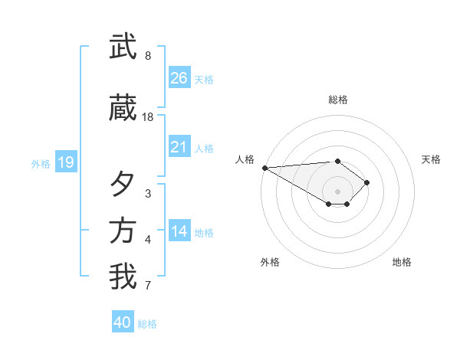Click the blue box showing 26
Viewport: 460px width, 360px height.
click(x=179, y=78)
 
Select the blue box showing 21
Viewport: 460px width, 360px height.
click(x=179, y=147)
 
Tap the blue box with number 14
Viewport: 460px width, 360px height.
click(x=179, y=231)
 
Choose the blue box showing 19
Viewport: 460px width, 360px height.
click(x=65, y=162)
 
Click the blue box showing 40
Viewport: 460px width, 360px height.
click(x=123, y=322)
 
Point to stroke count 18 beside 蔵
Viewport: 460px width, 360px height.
click(x=148, y=117)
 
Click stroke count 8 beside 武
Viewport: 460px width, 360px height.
click(x=147, y=56)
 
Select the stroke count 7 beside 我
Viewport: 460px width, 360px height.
click(x=147, y=287)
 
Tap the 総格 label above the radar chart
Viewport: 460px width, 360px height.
click(x=337, y=100)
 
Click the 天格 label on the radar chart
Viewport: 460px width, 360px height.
click(x=432, y=159)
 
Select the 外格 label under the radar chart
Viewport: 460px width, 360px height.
click(x=270, y=262)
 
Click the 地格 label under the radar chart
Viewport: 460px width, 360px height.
click(x=402, y=262)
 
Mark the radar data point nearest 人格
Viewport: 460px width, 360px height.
click(x=264, y=168)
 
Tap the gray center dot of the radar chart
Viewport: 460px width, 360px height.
click(x=337, y=191)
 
